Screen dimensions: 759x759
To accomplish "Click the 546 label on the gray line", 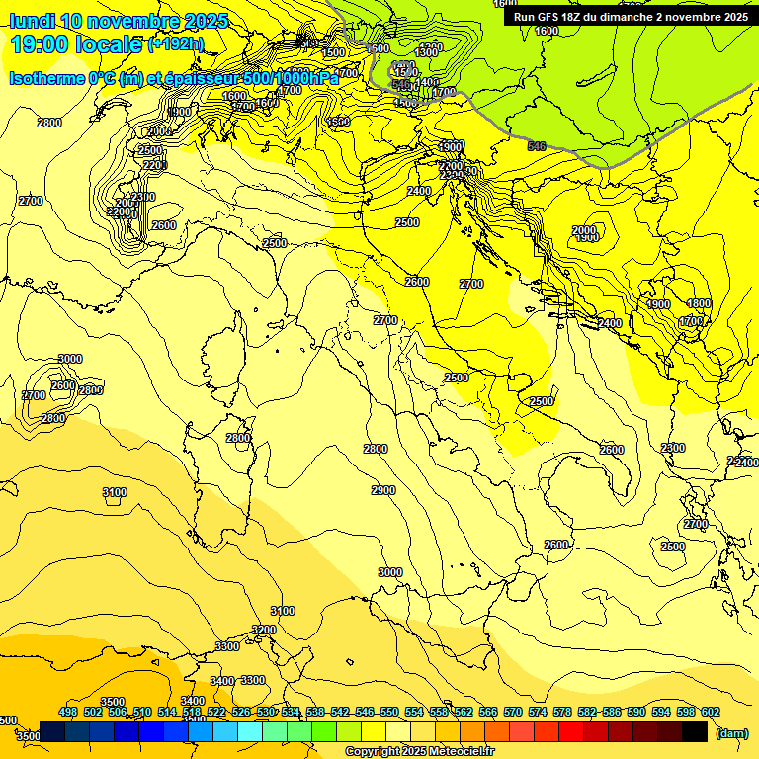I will (x=537, y=146).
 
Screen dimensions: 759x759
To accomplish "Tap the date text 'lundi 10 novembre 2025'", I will (x=119, y=21).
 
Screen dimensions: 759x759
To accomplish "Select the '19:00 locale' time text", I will (x=76, y=43).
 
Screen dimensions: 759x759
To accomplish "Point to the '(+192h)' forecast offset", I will (x=176, y=43).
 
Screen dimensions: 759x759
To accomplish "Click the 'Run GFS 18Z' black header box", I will (x=630, y=16).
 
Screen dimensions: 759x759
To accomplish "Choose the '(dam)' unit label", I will (x=731, y=732).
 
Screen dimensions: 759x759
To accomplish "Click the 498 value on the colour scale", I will (x=68, y=712).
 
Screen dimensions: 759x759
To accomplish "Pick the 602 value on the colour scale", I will (x=711, y=712).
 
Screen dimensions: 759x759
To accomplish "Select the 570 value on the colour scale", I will (x=513, y=712).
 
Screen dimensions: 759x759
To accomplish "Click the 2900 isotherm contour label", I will (x=383, y=491).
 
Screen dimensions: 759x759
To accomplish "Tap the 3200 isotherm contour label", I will (x=263, y=630).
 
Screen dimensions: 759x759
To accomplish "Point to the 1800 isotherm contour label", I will (x=699, y=303).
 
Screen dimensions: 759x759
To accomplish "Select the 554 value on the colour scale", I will (x=414, y=712).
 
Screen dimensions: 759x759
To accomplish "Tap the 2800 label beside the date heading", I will (x=48, y=123).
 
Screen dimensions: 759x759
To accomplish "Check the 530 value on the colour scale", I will (x=266, y=712).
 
